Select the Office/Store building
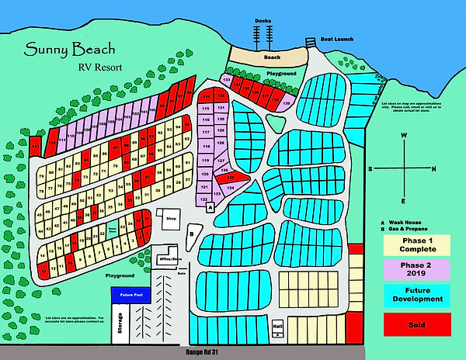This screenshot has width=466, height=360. [x=165, y=258]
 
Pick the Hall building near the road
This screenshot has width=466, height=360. [x=276, y=327]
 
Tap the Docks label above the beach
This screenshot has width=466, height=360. [x=263, y=21]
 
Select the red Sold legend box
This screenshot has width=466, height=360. [x=417, y=324]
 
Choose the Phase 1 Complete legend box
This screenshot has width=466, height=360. [x=417, y=244]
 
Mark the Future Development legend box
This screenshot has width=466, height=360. [x=417, y=295]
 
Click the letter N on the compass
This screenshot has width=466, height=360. [x=433, y=168]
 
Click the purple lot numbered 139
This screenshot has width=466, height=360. [x=287, y=103]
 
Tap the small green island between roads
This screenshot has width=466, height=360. [x=274, y=123]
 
